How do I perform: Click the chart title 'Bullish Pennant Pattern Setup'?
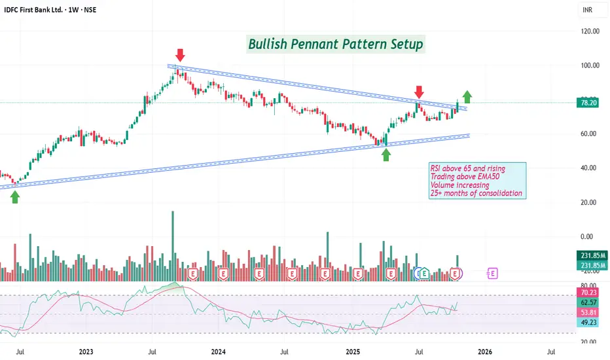coord(336,45)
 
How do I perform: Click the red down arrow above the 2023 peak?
coord(179,54)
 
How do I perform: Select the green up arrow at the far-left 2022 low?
coord(15,196)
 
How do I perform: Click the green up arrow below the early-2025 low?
coord(386,154)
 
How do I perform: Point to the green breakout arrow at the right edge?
coord(467,97)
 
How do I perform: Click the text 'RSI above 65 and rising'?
coord(467,169)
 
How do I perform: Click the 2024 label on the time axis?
coord(219,351)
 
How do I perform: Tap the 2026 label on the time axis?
coord(486,351)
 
